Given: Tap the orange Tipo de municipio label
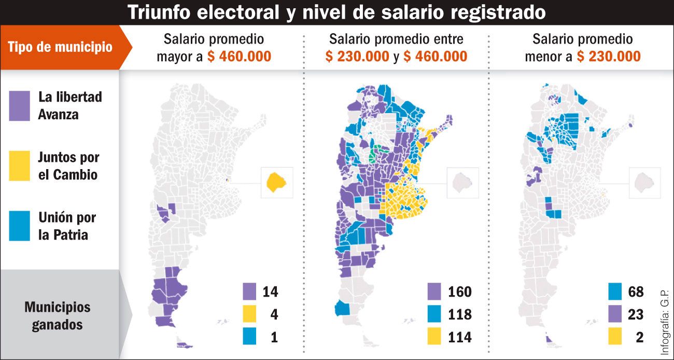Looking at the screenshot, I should (x=60, y=47).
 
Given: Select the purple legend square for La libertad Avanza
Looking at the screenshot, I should (x=19, y=106).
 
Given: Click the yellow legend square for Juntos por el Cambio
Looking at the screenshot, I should (x=19, y=166).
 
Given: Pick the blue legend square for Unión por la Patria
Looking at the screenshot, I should (x=19, y=226).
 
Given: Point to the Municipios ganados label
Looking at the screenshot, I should (x=57, y=315).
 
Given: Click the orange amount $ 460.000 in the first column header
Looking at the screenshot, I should (x=239, y=57).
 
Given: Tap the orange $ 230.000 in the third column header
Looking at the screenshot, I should (x=609, y=57).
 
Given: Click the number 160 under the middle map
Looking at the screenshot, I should (x=459, y=292).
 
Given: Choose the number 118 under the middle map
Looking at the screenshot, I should (x=459, y=314).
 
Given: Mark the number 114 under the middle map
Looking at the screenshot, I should (x=459, y=337).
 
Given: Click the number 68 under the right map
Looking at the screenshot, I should (x=635, y=292).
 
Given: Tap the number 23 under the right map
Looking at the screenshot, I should (x=635, y=314).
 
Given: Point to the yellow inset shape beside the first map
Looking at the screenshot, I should (x=277, y=183).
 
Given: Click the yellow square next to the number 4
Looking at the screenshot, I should (x=249, y=314).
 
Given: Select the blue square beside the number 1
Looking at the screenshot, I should (x=249, y=337).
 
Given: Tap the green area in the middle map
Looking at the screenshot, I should (x=378, y=153).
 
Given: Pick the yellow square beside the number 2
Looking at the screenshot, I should (x=616, y=337).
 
